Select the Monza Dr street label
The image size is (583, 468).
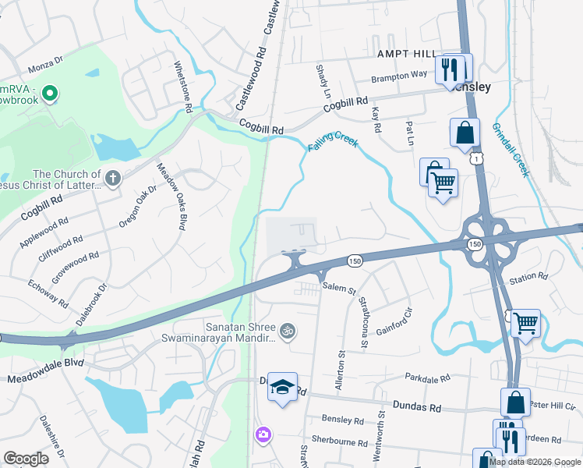coord(44,69)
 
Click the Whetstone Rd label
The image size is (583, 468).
coord(182,87)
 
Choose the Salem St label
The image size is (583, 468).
coord(339,288)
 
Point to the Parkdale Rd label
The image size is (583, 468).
coord(429,378)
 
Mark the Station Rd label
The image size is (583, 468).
coord(528,277)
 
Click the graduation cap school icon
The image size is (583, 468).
coord(282,386)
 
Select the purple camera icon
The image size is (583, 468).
coord(263,434)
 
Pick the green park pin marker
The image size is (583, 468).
coord(50,94)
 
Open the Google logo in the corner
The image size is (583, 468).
coord(26,459)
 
